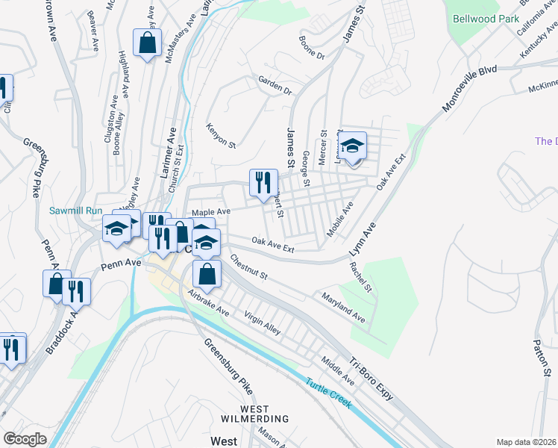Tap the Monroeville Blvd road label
click(470, 90)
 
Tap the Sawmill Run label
click(75, 211)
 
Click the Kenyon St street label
click(221, 134)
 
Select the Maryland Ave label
click(343, 308)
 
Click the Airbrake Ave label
click(208, 302)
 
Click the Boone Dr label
click(312, 46)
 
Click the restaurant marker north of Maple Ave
click(263, 183)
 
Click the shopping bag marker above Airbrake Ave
click(207, 273)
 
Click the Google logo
click(25, 439)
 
